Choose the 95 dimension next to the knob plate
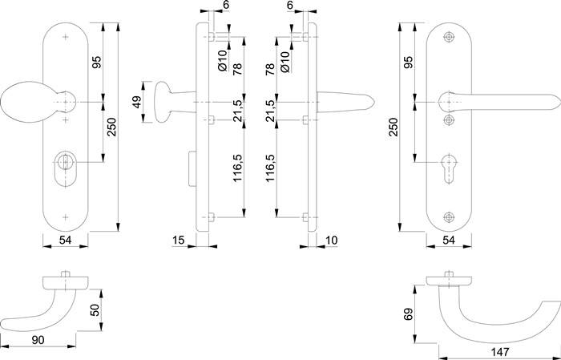(96, 64)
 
